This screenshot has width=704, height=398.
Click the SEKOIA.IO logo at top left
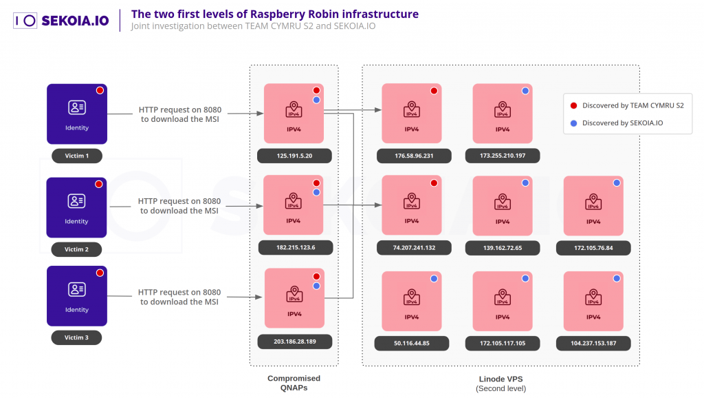click(61, 20)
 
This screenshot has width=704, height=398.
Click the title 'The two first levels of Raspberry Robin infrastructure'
click(274, 14)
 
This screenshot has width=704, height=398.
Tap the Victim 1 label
click(76, 156)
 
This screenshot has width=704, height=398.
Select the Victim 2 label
click(76, 249)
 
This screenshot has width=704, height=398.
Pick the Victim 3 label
click(76, 337)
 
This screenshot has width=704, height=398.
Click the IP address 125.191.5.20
click(294, 156)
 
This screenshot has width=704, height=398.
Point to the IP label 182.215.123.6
click(294, 247)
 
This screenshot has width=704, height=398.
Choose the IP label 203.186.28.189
click(294, 341)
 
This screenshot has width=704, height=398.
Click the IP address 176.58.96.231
click(414, 156)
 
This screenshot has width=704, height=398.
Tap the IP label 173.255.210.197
click(503, 156)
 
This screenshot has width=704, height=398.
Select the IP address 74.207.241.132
click(414, 247)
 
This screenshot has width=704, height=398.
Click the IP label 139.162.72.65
click(503, 247)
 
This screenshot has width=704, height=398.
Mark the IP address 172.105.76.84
click(593, 247)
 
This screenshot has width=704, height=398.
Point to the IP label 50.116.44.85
click(412, 342)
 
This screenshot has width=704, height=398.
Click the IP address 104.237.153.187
click(593, 342)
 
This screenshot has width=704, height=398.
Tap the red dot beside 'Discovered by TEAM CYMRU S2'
click(573, 105)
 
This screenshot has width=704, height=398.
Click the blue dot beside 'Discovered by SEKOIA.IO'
click(573, 123)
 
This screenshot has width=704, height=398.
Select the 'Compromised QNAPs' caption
click(294, 383)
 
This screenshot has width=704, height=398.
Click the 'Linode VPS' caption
click(500, 379)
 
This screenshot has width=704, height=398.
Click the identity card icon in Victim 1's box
click(76, 107)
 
